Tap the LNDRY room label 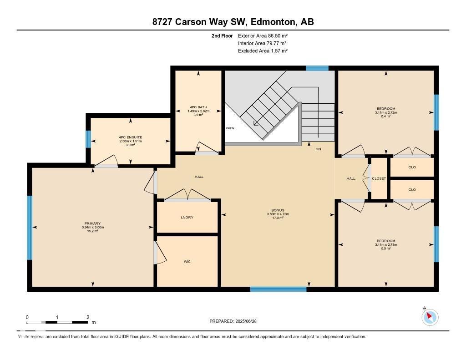(187, 218)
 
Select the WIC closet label (187, 262)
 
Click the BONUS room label (278, 210)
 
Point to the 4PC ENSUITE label (131, 137)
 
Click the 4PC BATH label (198, 107)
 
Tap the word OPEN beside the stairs (230, 128)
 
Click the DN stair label (318, 149)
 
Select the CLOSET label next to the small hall (379, 179)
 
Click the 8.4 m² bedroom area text (386, 116)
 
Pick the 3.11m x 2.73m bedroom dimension (386, 245)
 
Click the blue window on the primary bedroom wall (30, 228)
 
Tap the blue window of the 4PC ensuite (88, 139)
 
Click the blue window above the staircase (317, 68)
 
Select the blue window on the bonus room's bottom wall (278, 289)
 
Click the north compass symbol (430, 317)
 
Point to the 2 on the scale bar (87, 317)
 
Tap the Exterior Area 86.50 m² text (263, 35)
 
